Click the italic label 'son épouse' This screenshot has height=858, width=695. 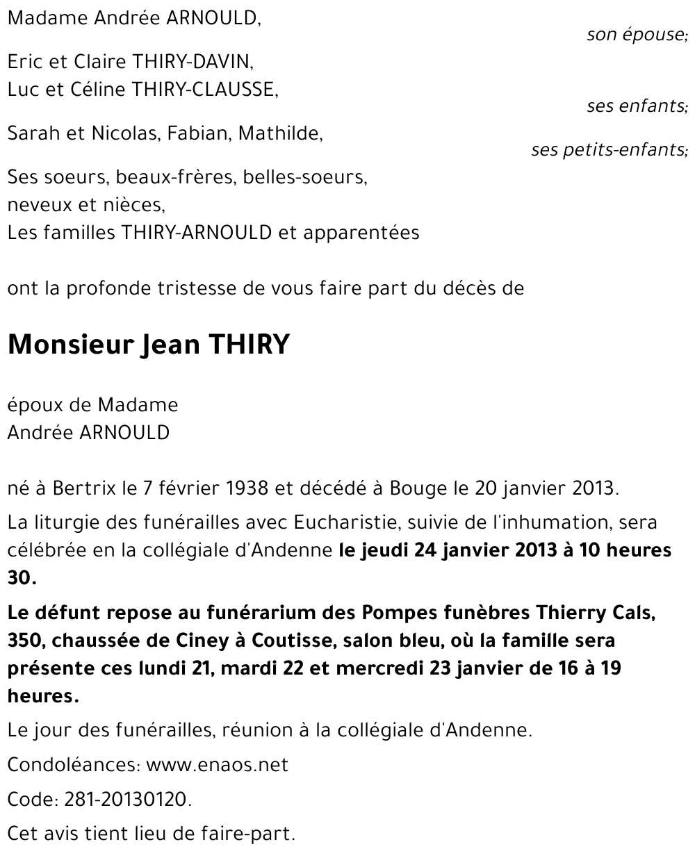(x=636, y=35)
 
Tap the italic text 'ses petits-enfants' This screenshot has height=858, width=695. (x=608, y=150)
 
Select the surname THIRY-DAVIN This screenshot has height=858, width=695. (x=186, y=62)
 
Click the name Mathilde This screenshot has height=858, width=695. (x=279, y=133)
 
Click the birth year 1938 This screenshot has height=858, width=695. (x=247, y=488)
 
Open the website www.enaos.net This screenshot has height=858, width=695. (x=218, y=766)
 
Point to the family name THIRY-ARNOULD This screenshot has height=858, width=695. (x=197, y=233)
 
